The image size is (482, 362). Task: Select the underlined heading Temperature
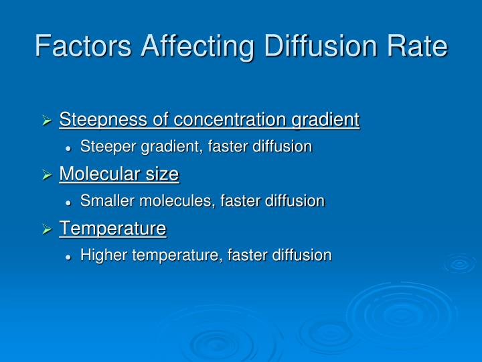(112, 229)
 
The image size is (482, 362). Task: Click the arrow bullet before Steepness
(48, 121)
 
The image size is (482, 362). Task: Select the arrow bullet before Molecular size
(48, 176)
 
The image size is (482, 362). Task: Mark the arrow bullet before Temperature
(48, 230)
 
